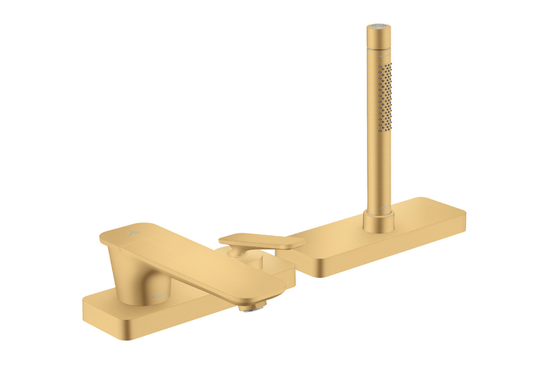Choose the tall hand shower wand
pyautogui.click(x=378, y=119)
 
